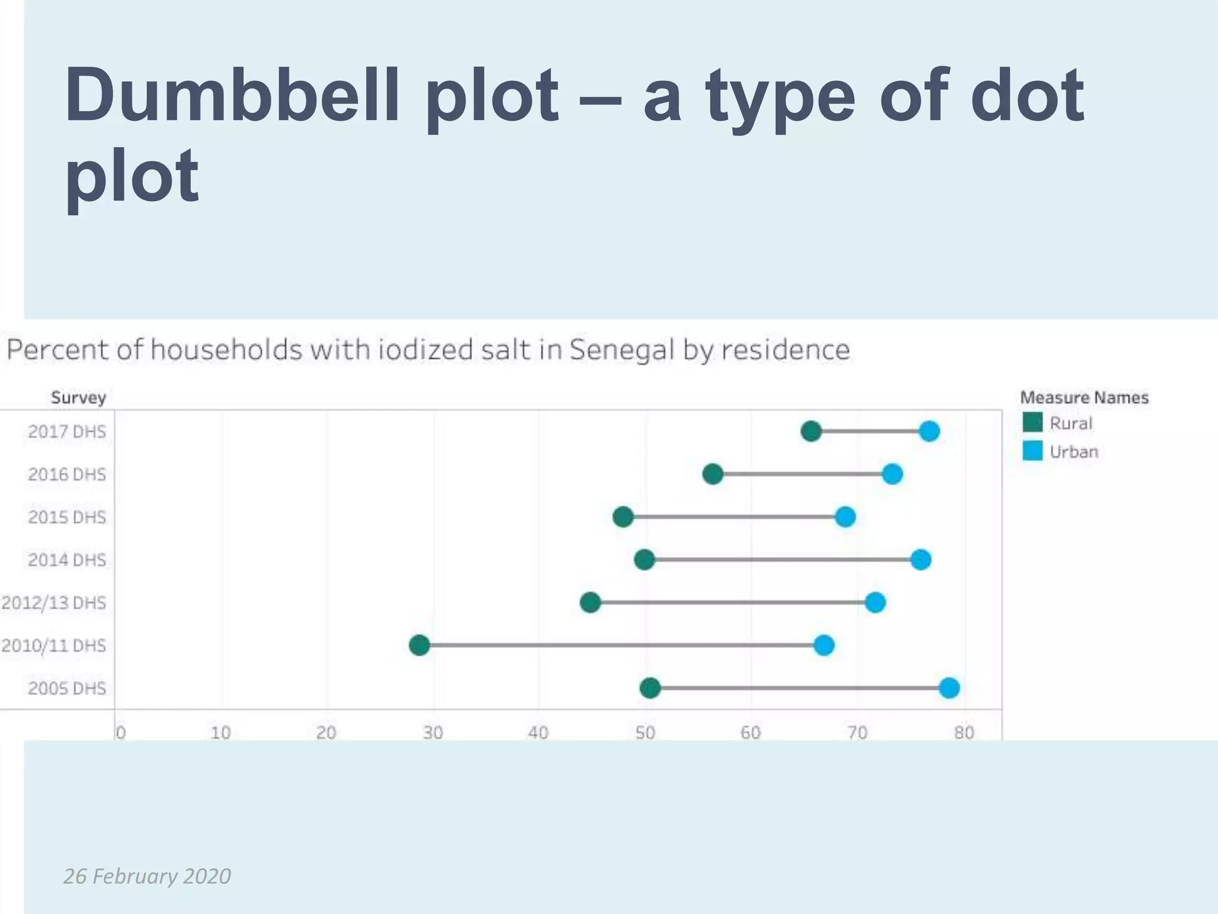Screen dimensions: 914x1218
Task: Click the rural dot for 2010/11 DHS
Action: [x=419, y=645]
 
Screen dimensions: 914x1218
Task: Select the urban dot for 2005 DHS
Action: [x=949, y=688]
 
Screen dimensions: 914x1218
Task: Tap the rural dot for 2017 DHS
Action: [x=811, y=431]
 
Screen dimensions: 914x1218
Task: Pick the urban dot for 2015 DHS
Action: [x=845, y=517]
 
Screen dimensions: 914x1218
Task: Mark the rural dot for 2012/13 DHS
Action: [x=590, y=602]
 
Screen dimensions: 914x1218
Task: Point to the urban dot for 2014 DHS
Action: [x=921, y=559]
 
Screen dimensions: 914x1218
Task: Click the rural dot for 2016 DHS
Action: [x=712, y=474]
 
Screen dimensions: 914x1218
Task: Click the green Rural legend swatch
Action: [x=1032, y=422]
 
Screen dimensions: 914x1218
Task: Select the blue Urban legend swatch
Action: [x=1032, y=451]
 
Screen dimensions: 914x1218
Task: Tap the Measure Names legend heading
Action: [x=1084, y=397]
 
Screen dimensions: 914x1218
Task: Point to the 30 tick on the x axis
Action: [x=433, y=733]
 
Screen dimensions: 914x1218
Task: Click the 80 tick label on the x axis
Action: [x=964, y=733]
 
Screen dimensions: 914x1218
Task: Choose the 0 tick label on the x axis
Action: [x=120, y=733]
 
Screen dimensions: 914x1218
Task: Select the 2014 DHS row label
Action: [x=67, y=560]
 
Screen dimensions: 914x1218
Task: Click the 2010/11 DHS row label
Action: [x=54, y=646]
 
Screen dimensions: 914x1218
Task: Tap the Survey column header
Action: [x=78, y=397]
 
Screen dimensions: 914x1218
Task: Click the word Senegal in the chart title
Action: [x=622, y=350]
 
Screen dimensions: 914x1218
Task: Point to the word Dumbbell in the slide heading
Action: [x=232, y=96]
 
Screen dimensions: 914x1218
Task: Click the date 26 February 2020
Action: [x=147, y=876]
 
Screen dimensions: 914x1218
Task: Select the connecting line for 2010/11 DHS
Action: [x=621, y=645]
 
